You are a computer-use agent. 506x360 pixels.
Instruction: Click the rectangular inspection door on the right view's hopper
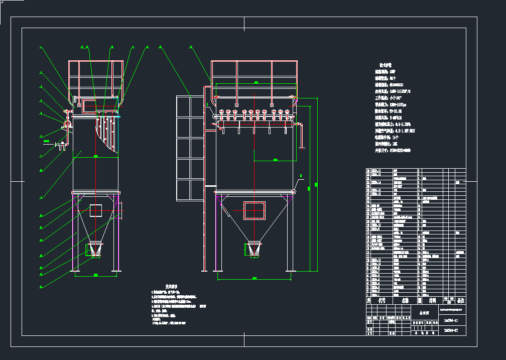tap(255, 210)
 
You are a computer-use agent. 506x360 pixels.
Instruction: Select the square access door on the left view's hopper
tap(96, 210)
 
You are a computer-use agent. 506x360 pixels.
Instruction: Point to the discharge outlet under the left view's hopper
tap(95, 249)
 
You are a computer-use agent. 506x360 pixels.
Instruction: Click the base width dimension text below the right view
tap(254, 278)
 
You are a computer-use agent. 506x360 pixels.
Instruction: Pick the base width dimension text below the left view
tap(95, 275)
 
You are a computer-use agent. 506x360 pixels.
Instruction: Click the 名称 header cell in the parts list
tap(405, 300)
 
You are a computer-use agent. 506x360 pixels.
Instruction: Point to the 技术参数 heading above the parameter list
tap(385, 65)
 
